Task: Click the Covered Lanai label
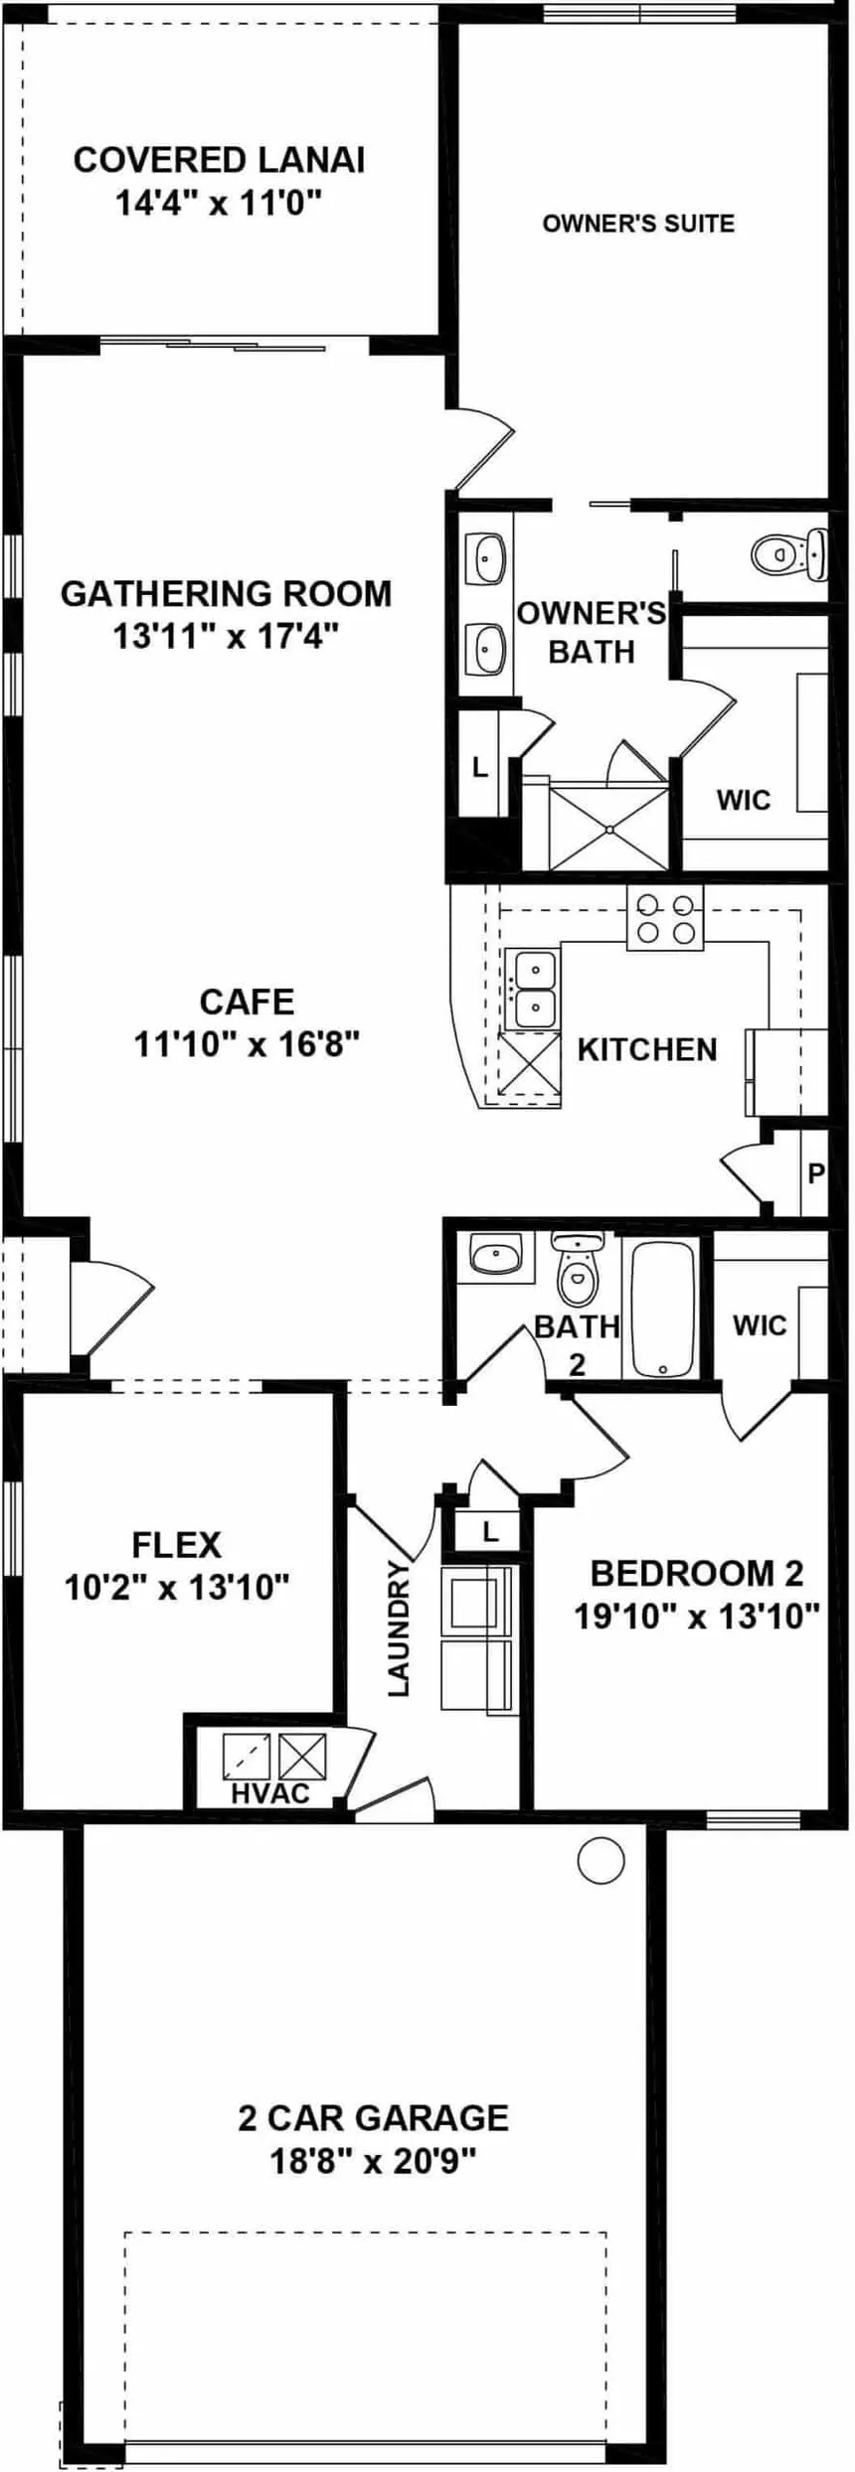219,160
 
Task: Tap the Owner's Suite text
638,224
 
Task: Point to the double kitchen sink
534,989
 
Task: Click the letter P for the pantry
815,1174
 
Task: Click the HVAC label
270,1793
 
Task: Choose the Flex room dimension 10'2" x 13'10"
177,1588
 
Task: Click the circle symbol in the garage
600,1859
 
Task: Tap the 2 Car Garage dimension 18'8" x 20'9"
373,2161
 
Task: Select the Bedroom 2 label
696,1573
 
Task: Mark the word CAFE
247,1002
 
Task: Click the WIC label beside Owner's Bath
743,800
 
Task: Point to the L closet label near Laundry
489,1532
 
